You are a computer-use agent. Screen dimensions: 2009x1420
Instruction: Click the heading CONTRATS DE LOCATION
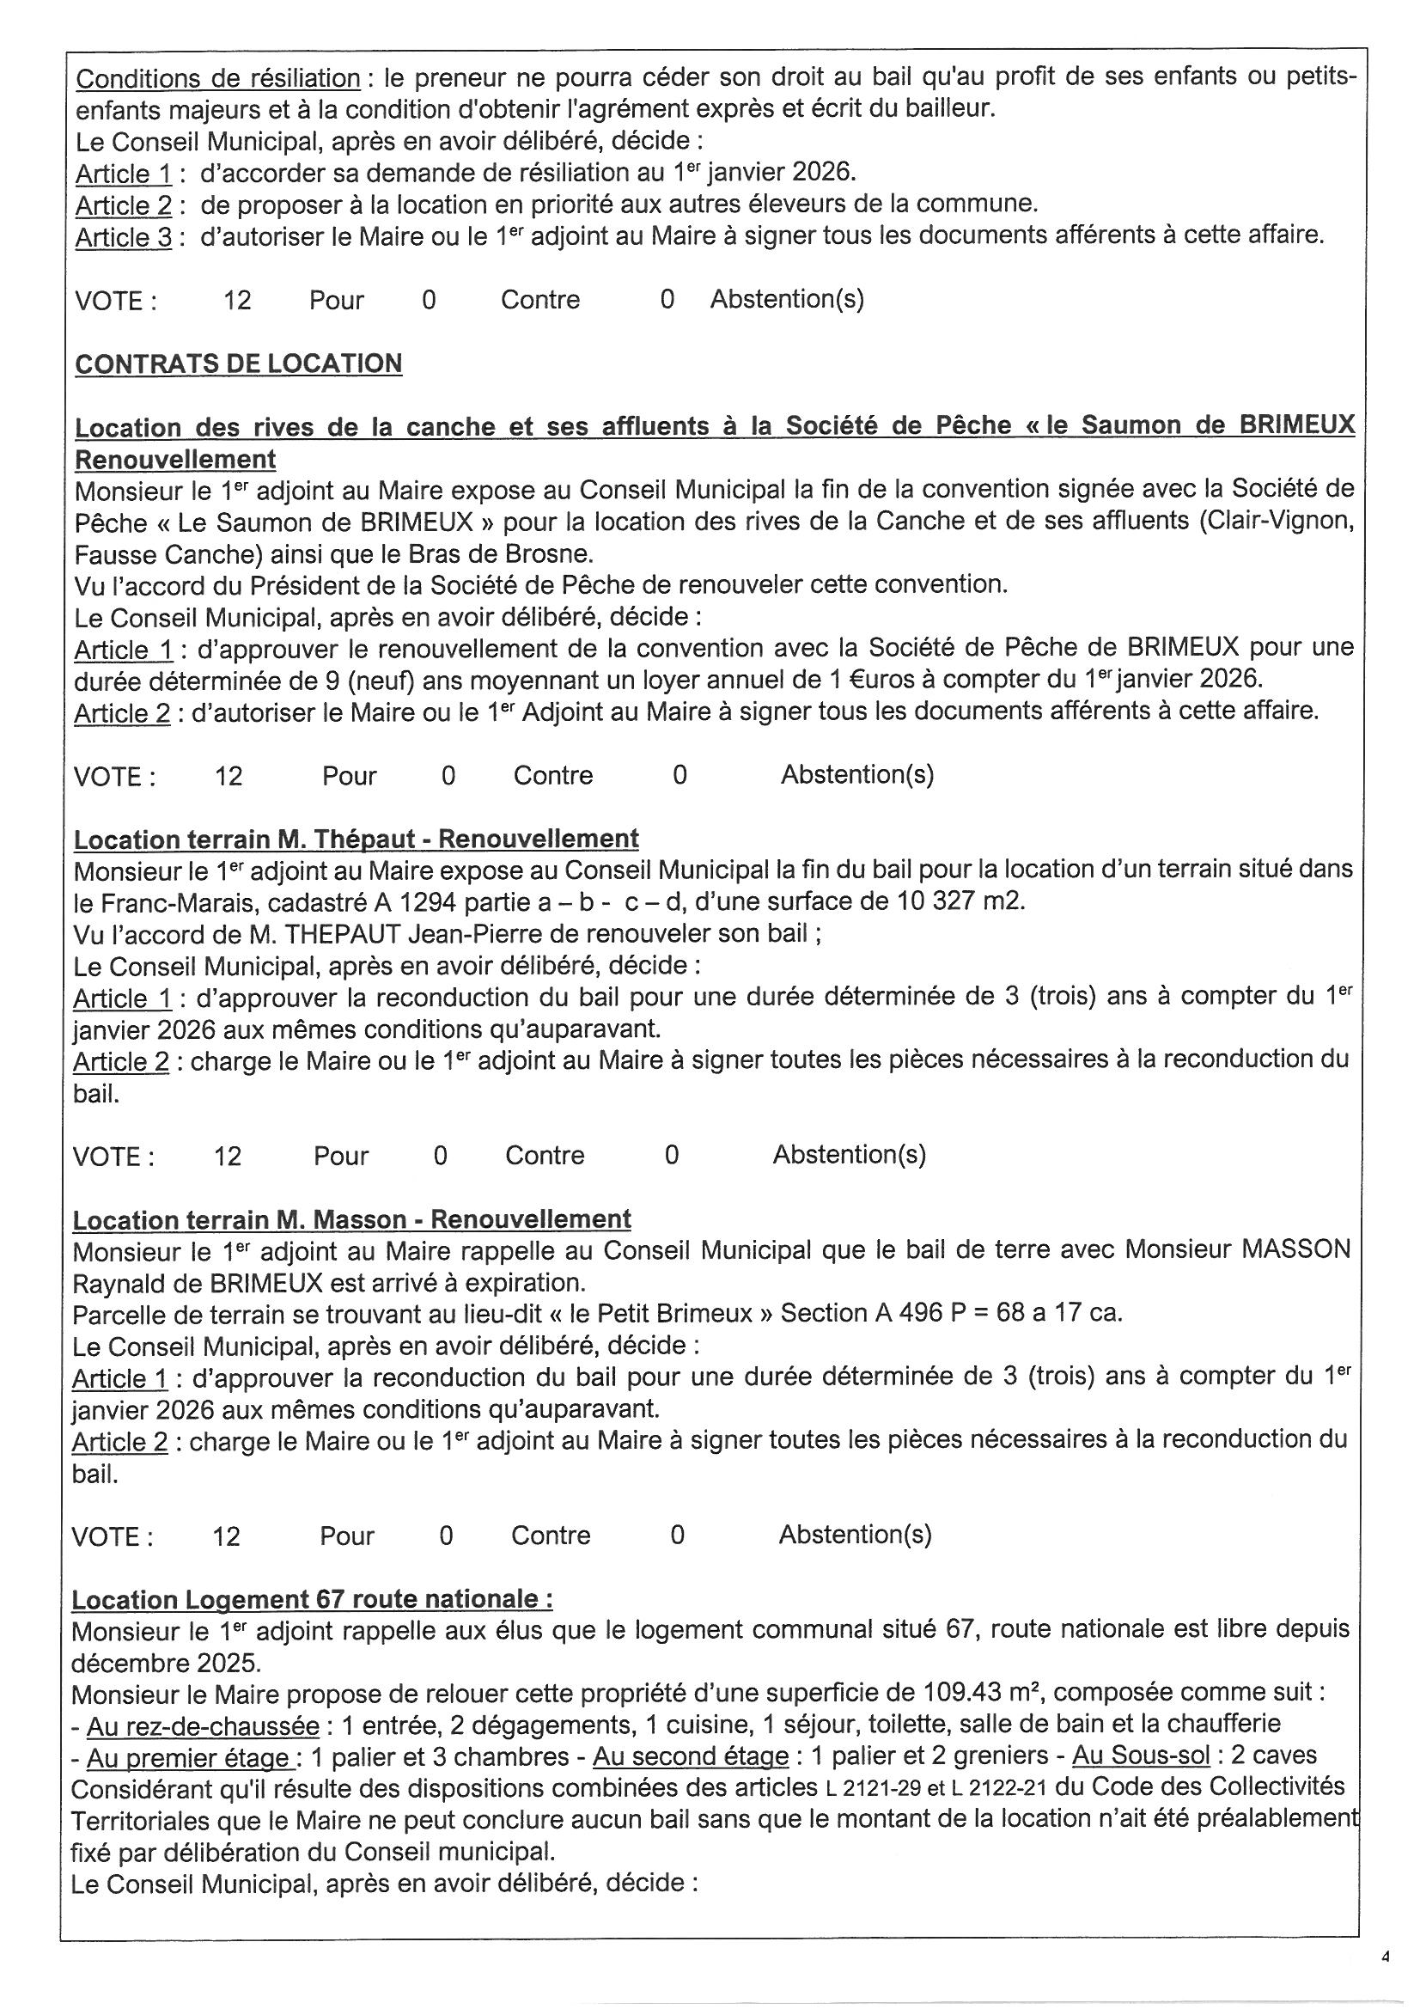click(238, 363)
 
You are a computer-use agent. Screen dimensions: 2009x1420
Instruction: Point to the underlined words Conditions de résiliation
click(218, 79)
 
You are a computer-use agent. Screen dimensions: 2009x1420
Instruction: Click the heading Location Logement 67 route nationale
click(312, 1599)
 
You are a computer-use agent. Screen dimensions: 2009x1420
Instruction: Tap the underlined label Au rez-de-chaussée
click(203, 1725)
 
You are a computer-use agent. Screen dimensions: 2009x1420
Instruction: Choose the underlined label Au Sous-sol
click(1141, 1756)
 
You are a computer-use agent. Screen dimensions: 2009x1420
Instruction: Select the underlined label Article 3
click(124, 237)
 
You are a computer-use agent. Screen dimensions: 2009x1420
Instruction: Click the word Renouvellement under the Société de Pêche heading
click(175, 460)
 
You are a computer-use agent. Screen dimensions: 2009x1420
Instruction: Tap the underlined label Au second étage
click(691, 1756)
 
